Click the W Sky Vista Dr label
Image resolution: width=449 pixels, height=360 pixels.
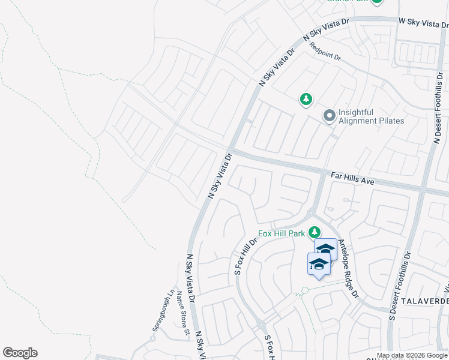[x=423, y=22]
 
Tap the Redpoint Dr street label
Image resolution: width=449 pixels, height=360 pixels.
[x=325, y=52]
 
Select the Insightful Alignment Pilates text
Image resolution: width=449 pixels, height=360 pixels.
[x=371, y=116]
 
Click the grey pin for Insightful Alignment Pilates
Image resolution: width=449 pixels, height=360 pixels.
[x=329, y=115]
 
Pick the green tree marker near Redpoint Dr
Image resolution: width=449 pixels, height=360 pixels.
[x=306, y=99]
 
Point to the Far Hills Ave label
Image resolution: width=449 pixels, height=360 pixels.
[x=352, y=178]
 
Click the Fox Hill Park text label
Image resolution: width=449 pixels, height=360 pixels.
[x=282, y=233]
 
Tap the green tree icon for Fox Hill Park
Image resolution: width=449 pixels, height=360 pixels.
[x=314, y=232]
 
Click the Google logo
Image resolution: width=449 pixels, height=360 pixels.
[x=20, y=353]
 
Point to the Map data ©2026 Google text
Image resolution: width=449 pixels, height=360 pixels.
[x=412, y=355]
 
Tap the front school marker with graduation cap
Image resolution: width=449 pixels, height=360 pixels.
[x=319, y=264]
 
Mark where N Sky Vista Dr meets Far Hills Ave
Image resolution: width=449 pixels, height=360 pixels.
[x=230, y=150]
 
